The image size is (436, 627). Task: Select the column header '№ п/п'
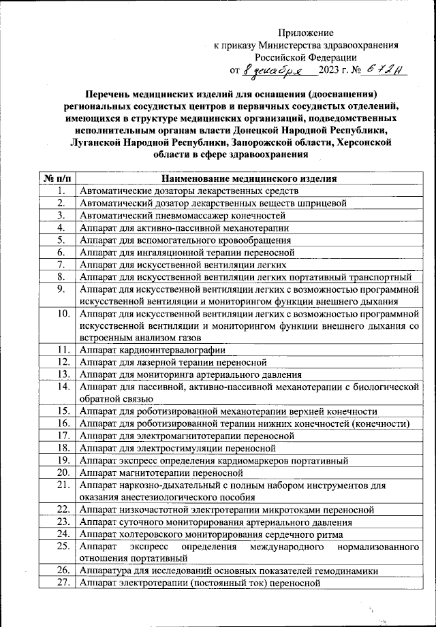pos(57,178)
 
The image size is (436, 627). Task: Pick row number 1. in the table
pos(61,191)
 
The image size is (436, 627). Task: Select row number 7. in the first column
pos(61,264)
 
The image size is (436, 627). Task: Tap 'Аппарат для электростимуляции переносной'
pos(177,448)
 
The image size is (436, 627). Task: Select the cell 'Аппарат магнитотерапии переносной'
pos(161,472)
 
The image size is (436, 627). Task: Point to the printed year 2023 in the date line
pos(332,70)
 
